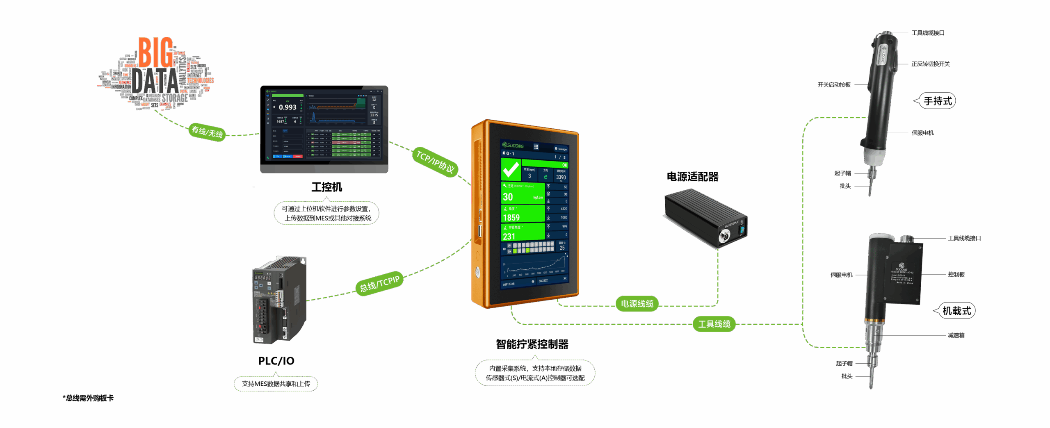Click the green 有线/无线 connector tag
(207, 132)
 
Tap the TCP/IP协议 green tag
(435, 162)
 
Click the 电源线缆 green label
(637, 304)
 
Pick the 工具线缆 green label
(714, 324)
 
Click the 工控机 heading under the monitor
(326, 187)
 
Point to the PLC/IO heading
(276, 361)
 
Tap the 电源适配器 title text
(692, 177)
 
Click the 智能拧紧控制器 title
(532, 344)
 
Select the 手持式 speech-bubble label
(938, 101)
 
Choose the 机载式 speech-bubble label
(956, 311)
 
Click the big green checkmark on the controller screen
(511, 169)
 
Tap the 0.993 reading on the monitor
(288, 107)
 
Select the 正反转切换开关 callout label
(930, 64)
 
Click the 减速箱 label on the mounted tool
(956, 335)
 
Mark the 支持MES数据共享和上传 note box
(276, 384)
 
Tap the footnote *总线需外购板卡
(88, 398)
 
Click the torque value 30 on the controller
(508, 197)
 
